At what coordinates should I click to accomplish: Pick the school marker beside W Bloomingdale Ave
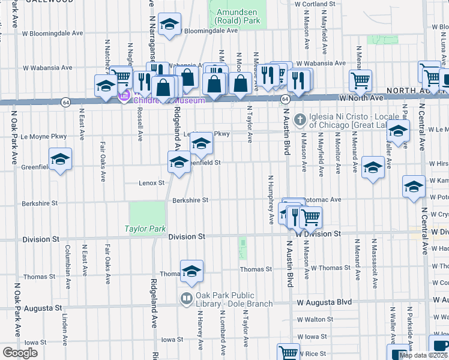point(170,25)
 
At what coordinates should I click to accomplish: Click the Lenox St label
point(152,182)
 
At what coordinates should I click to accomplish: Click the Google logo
point(20,353)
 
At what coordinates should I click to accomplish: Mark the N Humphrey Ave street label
point(271,199)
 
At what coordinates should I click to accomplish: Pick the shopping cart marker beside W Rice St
point(288,352)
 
